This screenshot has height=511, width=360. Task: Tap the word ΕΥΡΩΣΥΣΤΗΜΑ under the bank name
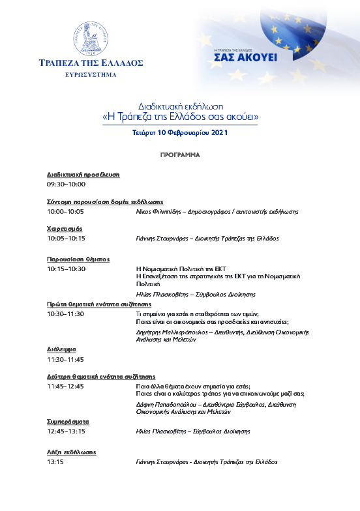[91, 75]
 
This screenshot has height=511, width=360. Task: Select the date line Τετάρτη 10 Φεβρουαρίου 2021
[179, 132]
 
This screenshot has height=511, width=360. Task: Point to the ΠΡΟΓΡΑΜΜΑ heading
[179, 156]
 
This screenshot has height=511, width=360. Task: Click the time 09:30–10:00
[65, 185]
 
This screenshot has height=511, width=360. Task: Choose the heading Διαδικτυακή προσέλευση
[83, 175]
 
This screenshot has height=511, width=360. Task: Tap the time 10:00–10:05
[65, 212]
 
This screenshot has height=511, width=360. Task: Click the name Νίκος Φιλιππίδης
[157, 212]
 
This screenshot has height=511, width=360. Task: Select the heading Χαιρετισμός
[64, 228]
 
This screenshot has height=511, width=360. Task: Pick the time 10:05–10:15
[65, 239]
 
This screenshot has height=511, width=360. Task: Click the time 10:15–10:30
[65, 269]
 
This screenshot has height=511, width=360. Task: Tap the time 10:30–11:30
[65, 314]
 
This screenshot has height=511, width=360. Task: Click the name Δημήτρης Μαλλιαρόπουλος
[171, 332]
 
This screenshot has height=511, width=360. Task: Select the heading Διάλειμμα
[62, 349]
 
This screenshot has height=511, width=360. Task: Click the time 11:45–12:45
[65, 386]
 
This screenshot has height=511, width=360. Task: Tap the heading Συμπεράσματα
[68, 422]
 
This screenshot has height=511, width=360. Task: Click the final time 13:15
[55, 461]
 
